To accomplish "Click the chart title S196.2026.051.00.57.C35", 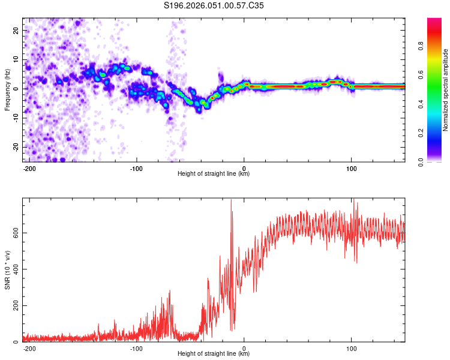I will (214, 6).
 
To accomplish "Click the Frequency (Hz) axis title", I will (7, 90).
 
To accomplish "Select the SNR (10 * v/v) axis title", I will (7, 270).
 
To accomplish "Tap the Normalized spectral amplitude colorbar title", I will (445, 90).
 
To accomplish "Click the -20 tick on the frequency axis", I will (16, 147).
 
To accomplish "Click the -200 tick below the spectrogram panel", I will (29, 168).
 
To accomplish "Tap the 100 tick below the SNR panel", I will (351, 348).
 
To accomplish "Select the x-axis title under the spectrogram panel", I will (214, 174).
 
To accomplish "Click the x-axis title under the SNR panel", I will (214, 354).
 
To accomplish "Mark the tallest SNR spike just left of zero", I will (231, 200).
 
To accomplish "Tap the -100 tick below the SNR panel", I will (136, 348).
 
